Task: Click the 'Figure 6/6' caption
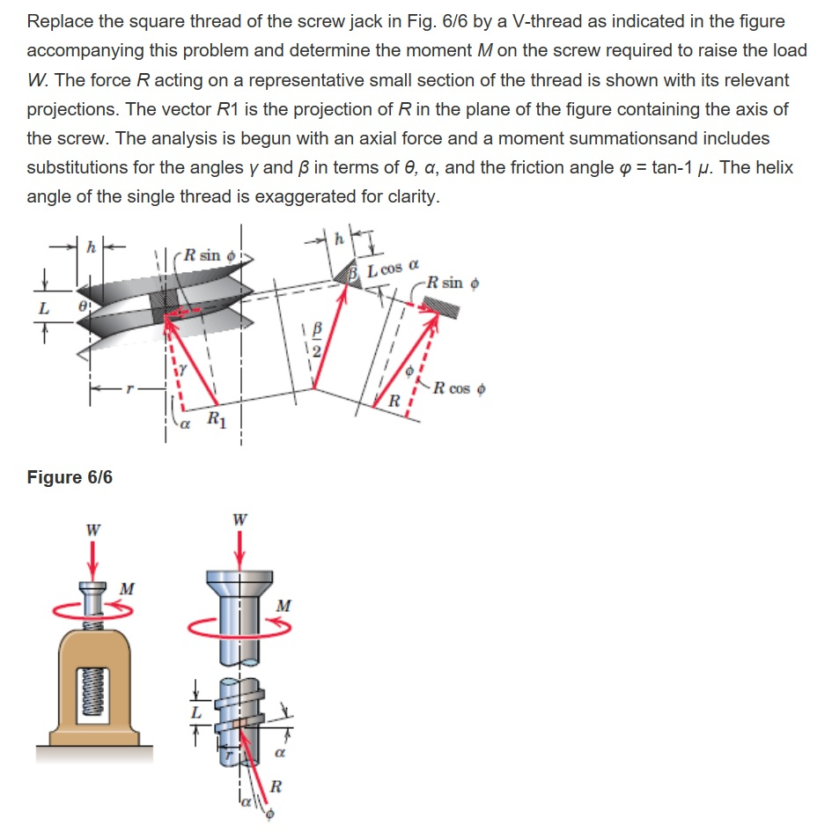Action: pos(70,477)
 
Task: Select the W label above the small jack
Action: pos(92,530)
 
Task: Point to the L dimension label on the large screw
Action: pos(197,710)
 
